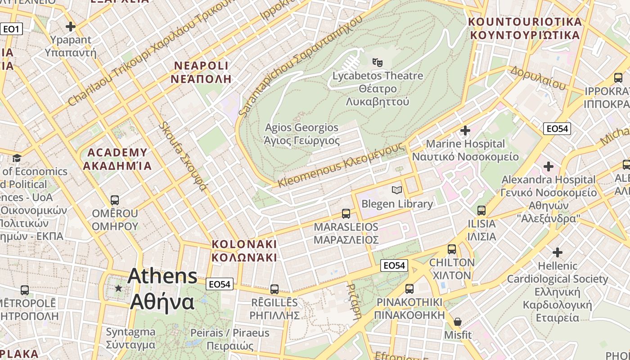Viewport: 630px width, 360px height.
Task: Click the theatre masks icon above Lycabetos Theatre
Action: (377, 62)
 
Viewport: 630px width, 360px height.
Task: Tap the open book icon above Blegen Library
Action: (396, 190)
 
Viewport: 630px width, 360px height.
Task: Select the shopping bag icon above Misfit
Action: (458, 322)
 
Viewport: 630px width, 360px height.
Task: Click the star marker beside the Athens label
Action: (118, 288)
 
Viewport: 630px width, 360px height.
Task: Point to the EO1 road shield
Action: (11, 29)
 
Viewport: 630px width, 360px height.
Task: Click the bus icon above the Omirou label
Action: (115, 200)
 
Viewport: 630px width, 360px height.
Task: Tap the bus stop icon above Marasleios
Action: (346, 213)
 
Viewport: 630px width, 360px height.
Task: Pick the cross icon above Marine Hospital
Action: (465, 130)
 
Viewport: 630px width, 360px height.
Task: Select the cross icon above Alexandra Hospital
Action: (548, 166)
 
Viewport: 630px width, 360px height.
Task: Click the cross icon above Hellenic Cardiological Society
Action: (558, 252)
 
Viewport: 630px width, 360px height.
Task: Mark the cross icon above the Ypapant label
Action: (71, 27)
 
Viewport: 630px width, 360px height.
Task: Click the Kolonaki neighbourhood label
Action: (244, 251)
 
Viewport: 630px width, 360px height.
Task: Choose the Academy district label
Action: (117, 159)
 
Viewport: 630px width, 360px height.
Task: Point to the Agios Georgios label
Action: (301, 134)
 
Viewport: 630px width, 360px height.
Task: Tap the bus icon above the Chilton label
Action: (452, 249)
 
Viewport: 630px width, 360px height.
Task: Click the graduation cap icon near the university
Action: (17, 158)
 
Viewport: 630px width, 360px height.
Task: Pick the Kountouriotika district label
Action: (525, 28)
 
